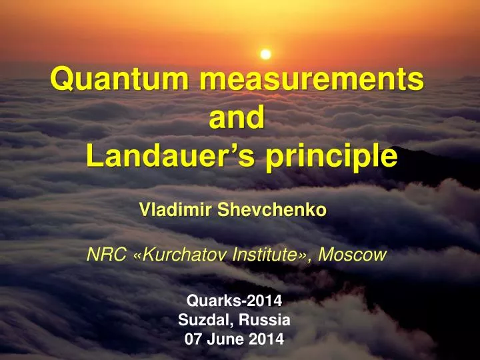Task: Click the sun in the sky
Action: (265, 54)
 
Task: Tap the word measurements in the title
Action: (311, 81)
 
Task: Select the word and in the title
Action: (237, 118)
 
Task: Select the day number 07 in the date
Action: (193, 339)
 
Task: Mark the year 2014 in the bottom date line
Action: (266, 339)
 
